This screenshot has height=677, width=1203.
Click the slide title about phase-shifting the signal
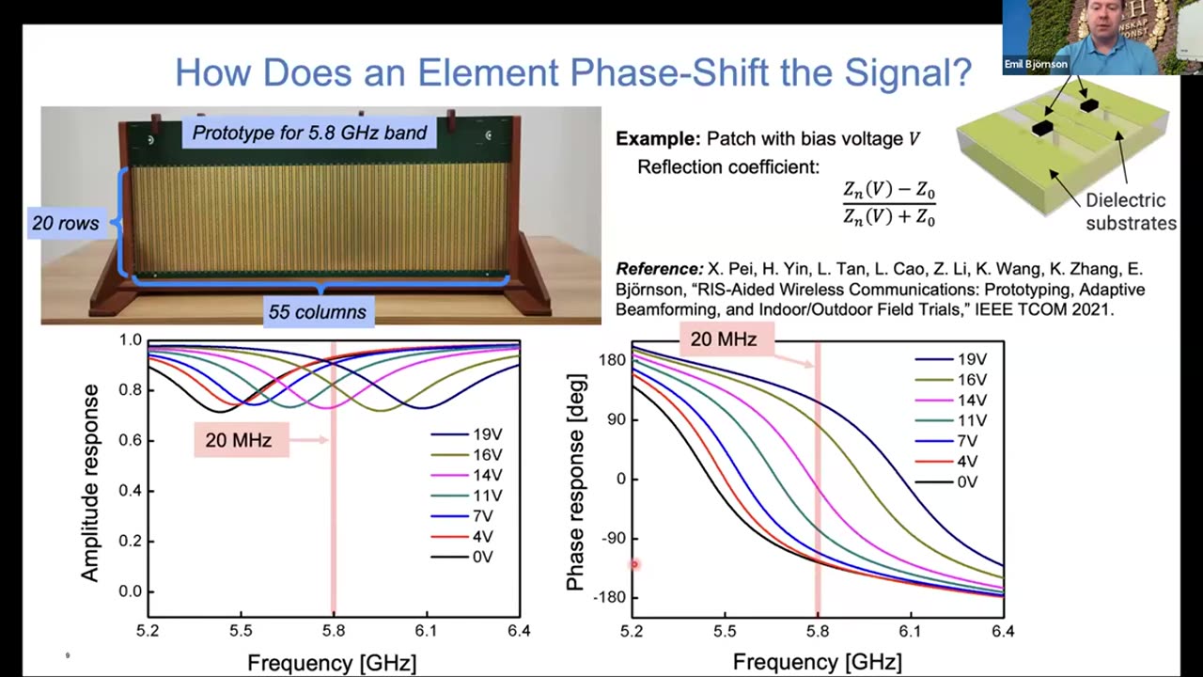coord(573,72)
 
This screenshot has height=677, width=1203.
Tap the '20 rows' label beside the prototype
coord(65,224)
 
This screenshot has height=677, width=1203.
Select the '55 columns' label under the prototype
coord(318,311)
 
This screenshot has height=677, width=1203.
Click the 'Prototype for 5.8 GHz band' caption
coord(310,133)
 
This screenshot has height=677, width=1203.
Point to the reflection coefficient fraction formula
coord(889,204)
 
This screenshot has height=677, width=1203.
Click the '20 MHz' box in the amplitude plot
coord(239,440)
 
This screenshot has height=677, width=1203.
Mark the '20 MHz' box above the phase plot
coord(724,338)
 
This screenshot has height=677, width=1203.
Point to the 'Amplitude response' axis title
coord(90,481)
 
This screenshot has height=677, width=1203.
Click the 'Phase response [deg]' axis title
coord(576,481)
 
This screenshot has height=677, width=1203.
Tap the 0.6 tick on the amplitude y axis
coord(130,440)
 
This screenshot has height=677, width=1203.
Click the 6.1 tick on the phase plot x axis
coord(910,631)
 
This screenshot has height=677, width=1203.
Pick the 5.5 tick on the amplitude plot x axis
coord(242,631)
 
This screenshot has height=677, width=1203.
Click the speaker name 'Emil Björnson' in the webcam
coord(1036,65)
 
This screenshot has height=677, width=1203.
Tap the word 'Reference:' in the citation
coord(659,269)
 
